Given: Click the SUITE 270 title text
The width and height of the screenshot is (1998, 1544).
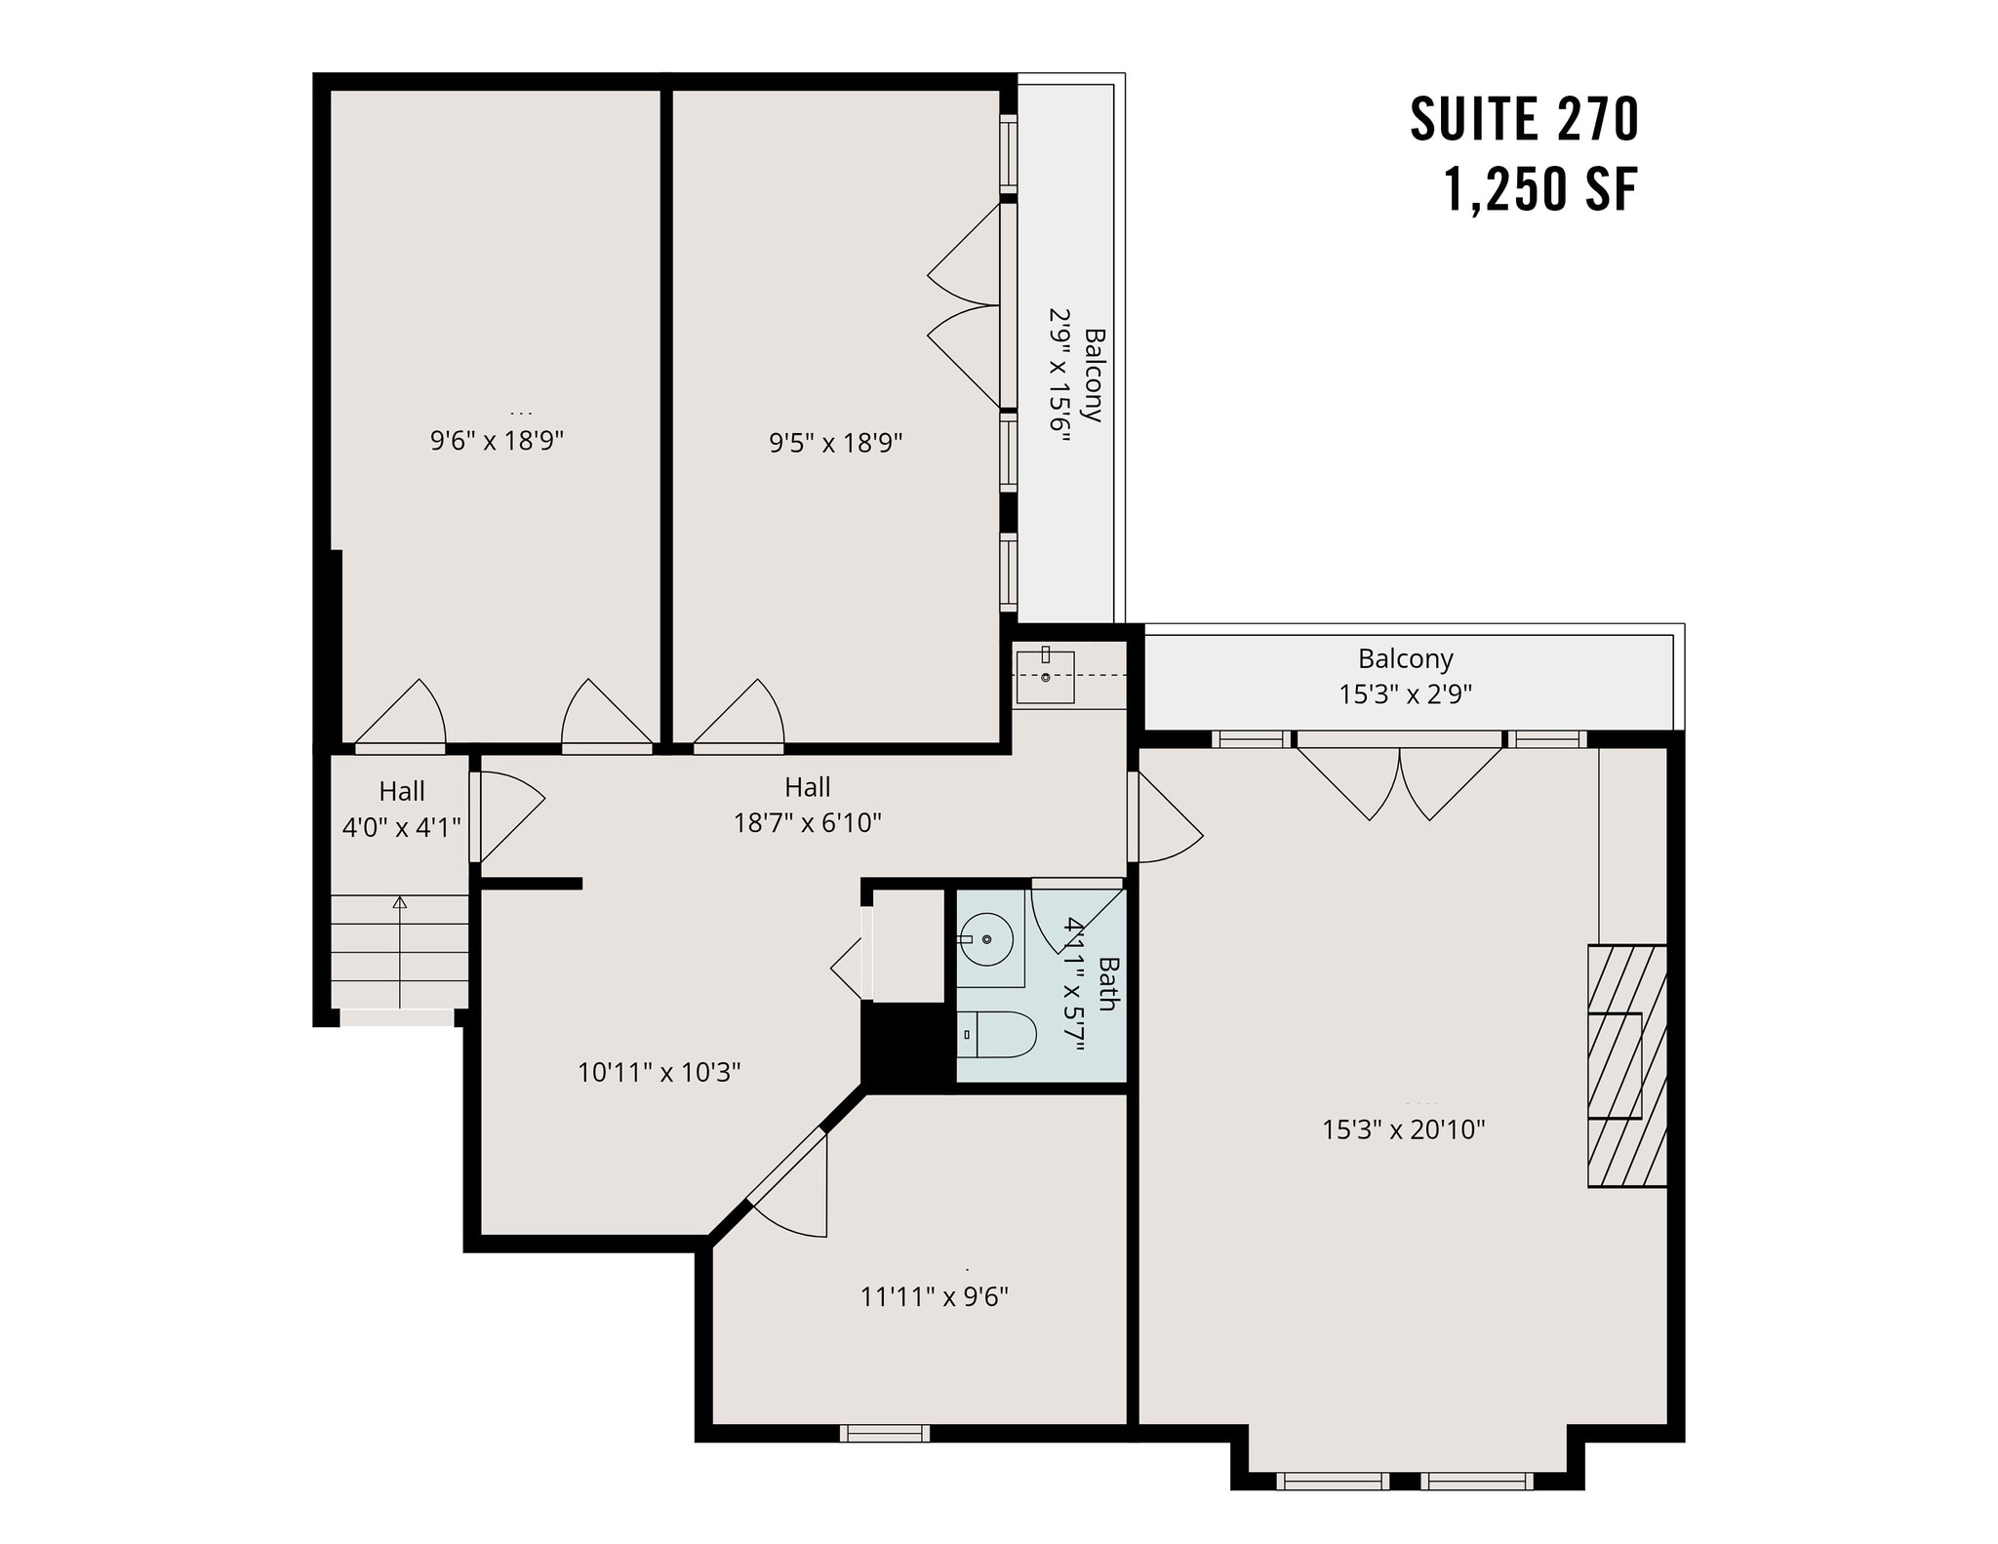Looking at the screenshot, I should pos(1524,120).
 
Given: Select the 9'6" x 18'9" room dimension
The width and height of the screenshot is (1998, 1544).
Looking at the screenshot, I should pos(497,441).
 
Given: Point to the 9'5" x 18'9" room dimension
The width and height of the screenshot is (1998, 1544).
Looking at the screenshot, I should pos(835,444).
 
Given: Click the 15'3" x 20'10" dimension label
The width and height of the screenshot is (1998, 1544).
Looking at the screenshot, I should pos(1403,1129).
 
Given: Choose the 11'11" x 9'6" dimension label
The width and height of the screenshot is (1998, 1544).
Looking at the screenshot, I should pos(934,1296).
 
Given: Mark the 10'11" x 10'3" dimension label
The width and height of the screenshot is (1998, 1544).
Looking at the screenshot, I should pos(659,1073).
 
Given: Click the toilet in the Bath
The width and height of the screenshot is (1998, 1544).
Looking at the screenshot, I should pos(997,1035).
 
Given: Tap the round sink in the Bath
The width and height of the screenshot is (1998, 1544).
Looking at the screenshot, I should pos(986,938).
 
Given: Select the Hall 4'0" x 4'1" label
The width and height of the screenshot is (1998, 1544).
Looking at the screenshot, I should pos(401,810).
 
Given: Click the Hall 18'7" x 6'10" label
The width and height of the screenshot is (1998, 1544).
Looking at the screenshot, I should pos(807,805).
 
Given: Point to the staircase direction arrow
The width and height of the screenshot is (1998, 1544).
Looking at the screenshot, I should pos(399,951).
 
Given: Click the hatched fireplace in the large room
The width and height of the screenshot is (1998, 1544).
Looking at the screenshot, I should pos(1626,1065).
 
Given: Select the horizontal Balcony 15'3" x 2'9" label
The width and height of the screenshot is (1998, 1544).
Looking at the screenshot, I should pos(1405,676).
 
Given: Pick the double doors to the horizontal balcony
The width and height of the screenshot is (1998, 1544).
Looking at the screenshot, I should pos(1399,780).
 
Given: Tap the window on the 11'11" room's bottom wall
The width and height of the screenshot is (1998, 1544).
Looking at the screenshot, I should pos(884,1433).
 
